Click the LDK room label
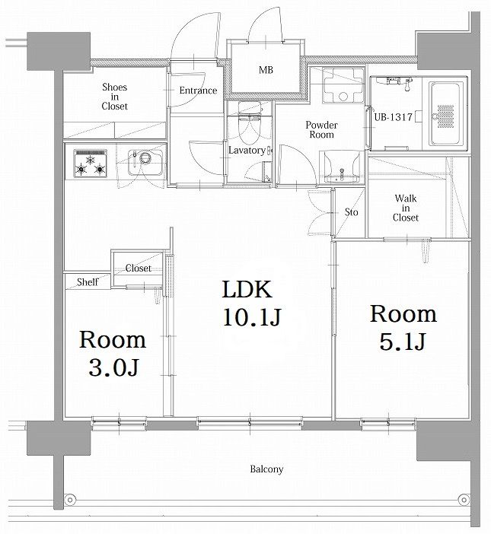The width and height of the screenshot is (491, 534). tap(247, 290)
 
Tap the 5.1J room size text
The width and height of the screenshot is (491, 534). tap(403, 342)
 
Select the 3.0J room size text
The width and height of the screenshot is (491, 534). tap(114, 367)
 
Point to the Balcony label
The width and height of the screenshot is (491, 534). tap(266, 469)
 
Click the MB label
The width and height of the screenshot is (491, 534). tap(266, 70)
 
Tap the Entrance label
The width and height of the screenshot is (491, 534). tap(198, 91)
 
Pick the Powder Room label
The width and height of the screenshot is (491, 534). tap(321, 130)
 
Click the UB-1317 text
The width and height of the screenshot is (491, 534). tap(394, 117)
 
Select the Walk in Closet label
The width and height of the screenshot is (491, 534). tap(406, 208)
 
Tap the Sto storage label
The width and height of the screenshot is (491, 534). tap(351, 212)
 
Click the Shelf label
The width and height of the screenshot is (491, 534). tap(88, 282)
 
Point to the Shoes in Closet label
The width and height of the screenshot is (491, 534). tap(114, 97)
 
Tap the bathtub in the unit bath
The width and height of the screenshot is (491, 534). tap(445, 114)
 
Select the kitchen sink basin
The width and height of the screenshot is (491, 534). tap(145, 163)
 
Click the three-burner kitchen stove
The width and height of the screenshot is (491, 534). tap(91, 163)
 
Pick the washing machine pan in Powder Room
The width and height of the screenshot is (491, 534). tap(343, 85)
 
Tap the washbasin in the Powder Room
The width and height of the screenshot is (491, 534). tap(342, 167)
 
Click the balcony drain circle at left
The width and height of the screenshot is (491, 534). tap(70, 500)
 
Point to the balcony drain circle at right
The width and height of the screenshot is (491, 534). tap(464, 500)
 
